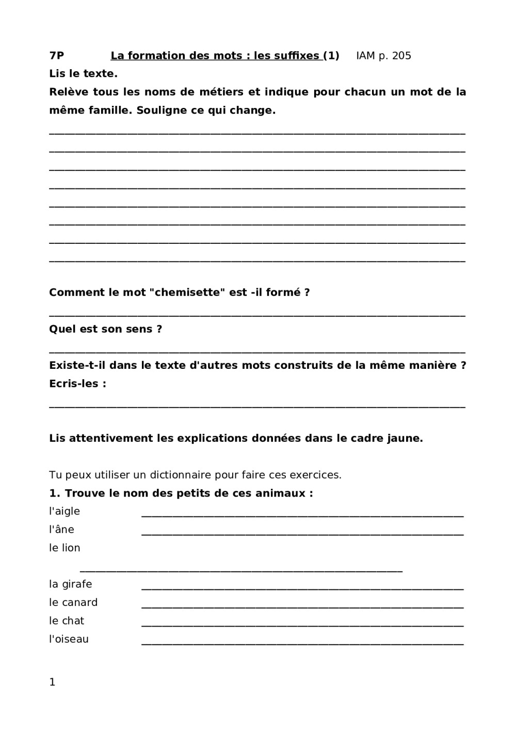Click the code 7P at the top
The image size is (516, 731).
pos(57,56)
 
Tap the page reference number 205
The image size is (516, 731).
pos(401,56)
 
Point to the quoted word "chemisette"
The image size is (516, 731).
pos(187,292)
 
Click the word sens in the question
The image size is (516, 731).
pos(139,329)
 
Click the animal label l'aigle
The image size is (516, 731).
pos(64,511)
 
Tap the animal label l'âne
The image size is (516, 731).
pos(61,530)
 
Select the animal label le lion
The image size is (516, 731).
pos(64,548)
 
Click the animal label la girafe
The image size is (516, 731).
pos(71,584)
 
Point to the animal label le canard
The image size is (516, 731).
pos(73,603)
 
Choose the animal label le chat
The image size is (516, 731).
pos(67,621)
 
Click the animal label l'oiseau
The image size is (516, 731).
pos(69,640)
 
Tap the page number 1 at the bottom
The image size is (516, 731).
pos(52,682)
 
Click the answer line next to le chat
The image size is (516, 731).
pos(302,626)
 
